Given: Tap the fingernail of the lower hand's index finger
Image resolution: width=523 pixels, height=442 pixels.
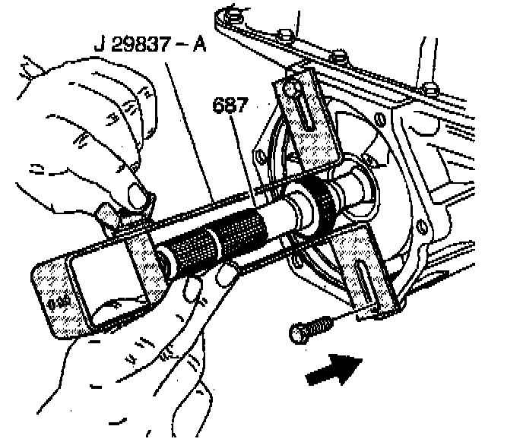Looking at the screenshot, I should pos(226,277).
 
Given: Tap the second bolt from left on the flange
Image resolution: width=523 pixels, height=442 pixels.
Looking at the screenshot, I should pos(287,34).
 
